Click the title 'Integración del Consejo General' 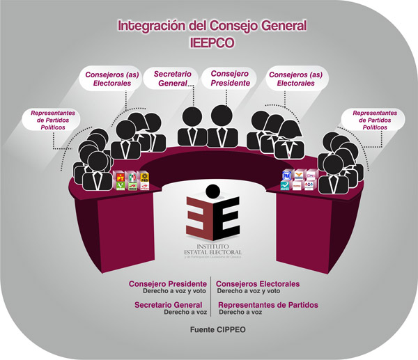[212, 26]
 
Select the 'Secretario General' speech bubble [169, 77]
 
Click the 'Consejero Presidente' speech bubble [229, 77]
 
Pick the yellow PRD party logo [144, 176]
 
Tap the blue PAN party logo [286, 177]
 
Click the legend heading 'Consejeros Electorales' [258, 284]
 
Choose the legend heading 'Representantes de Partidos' [268, 305]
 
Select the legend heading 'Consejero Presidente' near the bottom [167, 284]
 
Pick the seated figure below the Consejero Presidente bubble [224, 125]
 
